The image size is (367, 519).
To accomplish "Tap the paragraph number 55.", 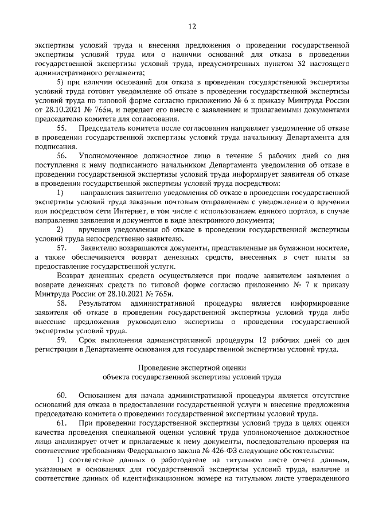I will tap(61, 130).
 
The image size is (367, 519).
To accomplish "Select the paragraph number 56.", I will tap(61, 156).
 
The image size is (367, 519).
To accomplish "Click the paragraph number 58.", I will tap(61, 303).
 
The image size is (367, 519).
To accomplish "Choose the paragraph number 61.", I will tap(61, 423).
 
